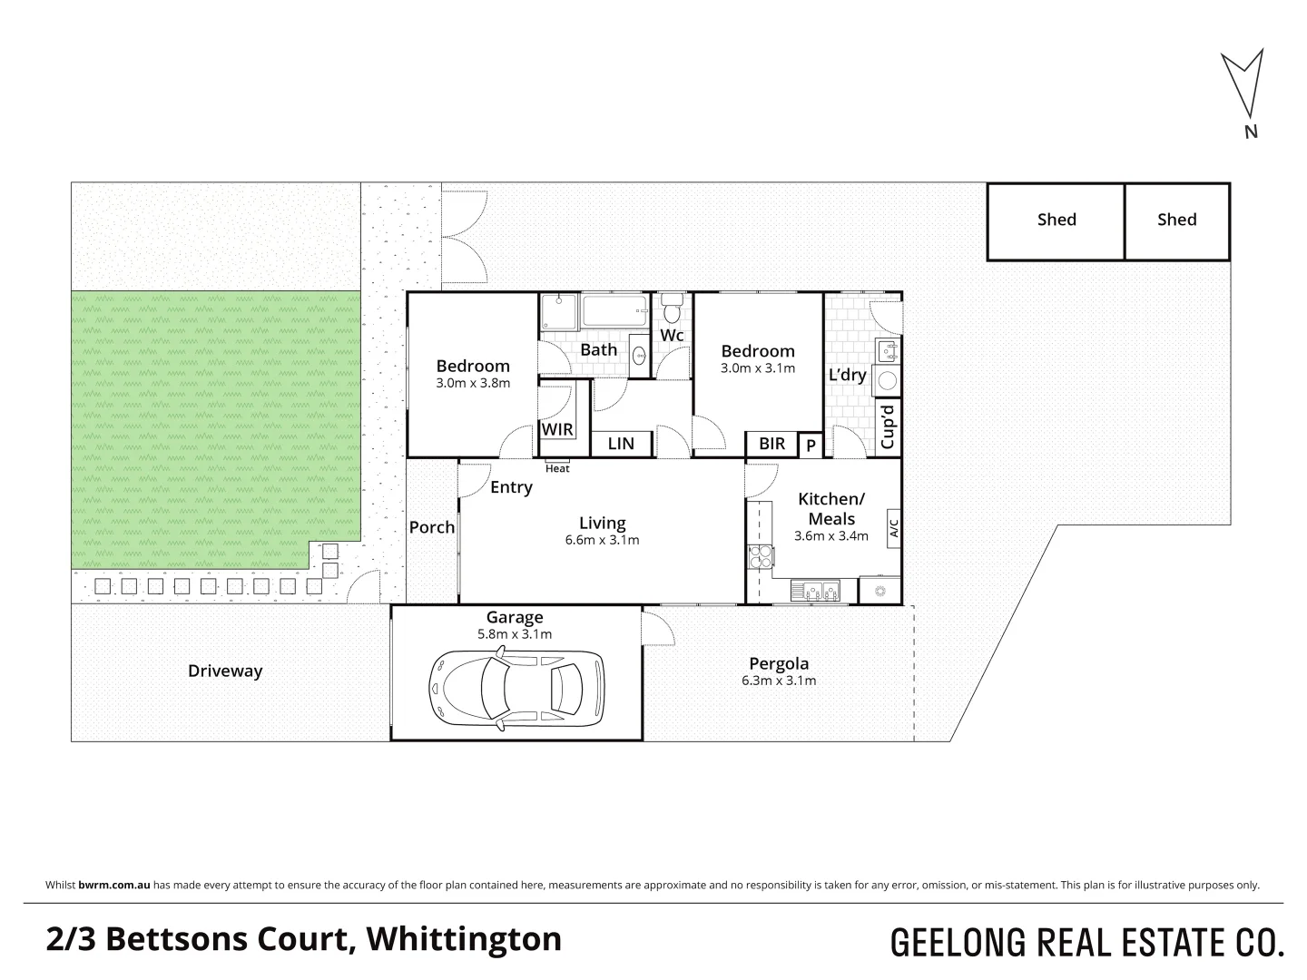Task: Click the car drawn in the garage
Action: (516, 685)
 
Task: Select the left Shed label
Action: (1056, 220)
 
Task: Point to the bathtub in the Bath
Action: (614, 311)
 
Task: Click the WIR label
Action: (557, 429)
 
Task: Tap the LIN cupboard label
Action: (621, 444)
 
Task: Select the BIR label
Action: (771, 444)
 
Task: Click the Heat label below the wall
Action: (557, 468)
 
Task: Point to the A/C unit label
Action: (893, 527)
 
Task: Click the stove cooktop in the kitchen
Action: (758, 557)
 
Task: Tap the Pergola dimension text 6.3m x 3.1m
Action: (779, 681)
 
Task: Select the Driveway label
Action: (225, 671)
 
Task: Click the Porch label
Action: (432, 527)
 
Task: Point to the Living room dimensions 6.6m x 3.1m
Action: (603, 540)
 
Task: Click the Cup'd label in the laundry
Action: (888, 426)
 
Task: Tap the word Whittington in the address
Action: (463, 939)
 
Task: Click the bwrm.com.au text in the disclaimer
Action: (114, 885)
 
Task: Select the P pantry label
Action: (811, 446)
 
